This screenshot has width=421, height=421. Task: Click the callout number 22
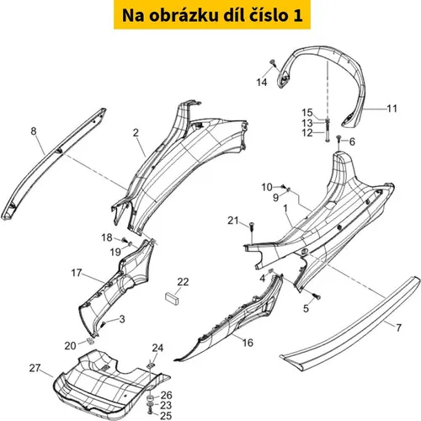(x=183, y=282)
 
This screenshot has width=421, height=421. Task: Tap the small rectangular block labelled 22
(x=172, y=298)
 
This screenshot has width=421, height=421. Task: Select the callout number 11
(x=392, y=109)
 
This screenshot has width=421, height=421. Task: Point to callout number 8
(x=34, y=131)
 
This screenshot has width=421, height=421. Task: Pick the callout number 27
(x=35, y=368)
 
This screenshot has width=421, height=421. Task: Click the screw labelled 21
(x=252, y=226)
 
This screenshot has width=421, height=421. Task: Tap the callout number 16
(x=248, y=343)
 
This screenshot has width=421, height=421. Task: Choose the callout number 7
(x=398, y=328)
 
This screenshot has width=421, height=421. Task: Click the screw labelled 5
(x=317, y=296)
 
